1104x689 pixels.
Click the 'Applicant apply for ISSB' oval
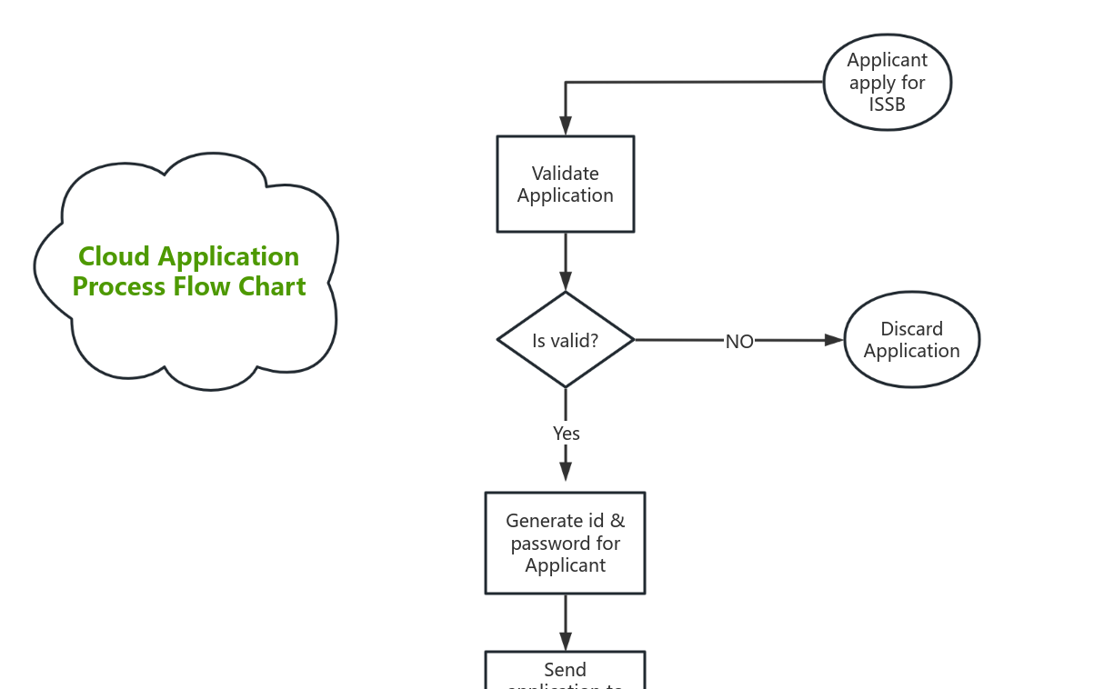(887, 83)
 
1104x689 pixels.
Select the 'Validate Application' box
(565, 185)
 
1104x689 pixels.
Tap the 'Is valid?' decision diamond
(565, 340)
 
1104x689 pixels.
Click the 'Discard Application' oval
(911, 340)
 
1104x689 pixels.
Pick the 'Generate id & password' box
(565, 543)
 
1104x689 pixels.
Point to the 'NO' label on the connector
(739, 342)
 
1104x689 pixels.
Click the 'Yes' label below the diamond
(566, 434)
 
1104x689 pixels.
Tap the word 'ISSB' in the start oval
(887, 105)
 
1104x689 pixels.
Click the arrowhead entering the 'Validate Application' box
(566, 126)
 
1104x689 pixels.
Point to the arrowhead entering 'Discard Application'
(833, 340)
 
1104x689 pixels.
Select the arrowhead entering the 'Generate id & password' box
(566, 471)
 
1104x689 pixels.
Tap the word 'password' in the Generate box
(565, 544)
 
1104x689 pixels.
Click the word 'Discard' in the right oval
(911, 329)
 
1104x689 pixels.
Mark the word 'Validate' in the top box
(565, 174)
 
